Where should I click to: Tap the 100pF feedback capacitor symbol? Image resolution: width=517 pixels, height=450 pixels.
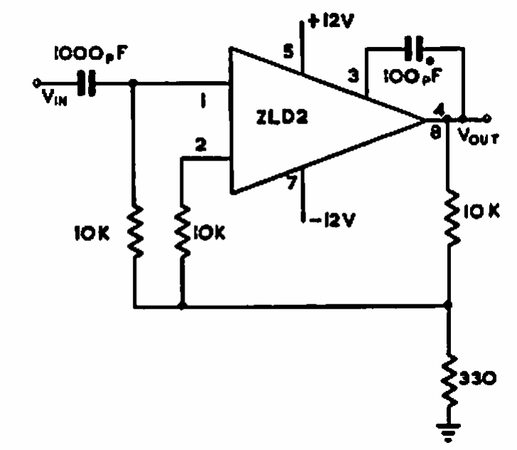[x=415, y=50]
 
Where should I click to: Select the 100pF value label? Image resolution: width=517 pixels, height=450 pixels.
[x=413, y=75]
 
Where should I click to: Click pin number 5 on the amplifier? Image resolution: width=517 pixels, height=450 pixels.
[x=288, y=52]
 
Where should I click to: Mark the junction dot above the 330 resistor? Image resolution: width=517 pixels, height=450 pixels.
[x=448, y=305]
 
